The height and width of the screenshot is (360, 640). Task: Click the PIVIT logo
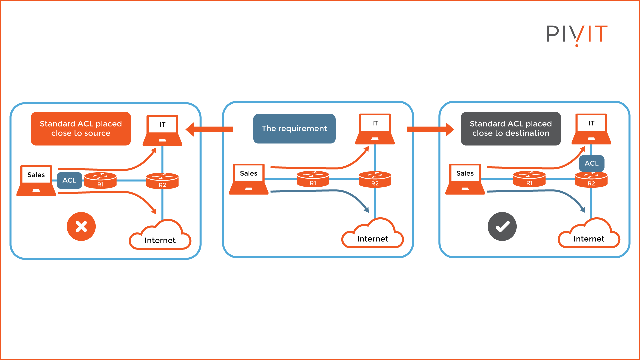[577, 34]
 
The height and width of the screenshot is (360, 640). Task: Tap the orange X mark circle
[81, 227]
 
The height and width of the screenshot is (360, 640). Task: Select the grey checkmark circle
[502, 227]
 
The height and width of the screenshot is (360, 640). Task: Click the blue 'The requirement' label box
[294, 129]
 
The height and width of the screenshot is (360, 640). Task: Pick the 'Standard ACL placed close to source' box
[81, 129]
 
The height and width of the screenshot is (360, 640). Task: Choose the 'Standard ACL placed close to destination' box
[511, 129]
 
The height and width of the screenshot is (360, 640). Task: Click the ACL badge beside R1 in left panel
[69, 180]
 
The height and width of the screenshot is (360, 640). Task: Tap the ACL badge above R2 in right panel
[592, 163]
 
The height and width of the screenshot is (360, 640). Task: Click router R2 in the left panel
[162, 181]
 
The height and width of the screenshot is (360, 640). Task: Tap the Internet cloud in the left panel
[160, 236]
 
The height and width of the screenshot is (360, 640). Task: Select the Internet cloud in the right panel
[589, 235]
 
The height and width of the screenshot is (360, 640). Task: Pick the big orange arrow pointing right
[430, 129]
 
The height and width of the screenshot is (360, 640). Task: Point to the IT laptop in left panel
[162, 131]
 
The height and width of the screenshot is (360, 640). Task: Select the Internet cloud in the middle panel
[373, 235]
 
